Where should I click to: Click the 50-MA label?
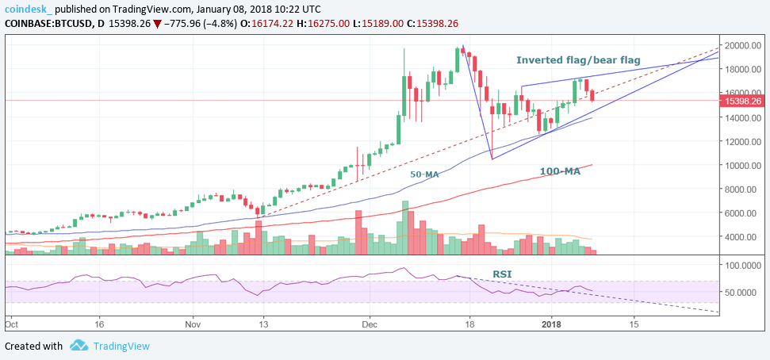coord(425,174)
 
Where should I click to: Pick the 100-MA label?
coord(560,171)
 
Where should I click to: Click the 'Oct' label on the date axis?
coord(11,324)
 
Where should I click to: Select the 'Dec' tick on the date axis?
coord(368,324)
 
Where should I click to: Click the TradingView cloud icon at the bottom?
coord(79,346)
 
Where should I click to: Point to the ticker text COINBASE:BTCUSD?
coord(44,24)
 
